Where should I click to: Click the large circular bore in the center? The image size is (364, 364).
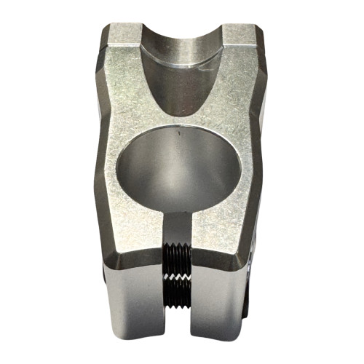[178, 168]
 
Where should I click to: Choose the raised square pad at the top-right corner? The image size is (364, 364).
[237, 36]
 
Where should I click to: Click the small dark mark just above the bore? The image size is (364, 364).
[178, 133]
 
